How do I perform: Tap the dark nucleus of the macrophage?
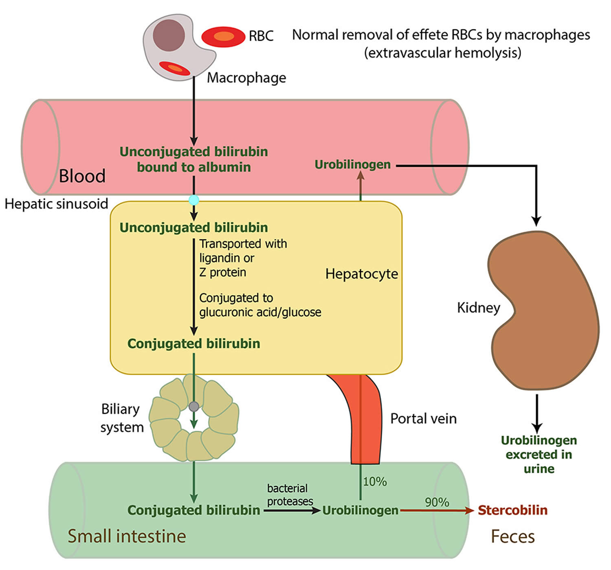169,35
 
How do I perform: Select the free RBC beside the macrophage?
223,37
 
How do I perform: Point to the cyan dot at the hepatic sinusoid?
194,200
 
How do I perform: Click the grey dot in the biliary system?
194,406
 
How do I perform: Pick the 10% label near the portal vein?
375,482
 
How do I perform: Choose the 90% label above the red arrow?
437,502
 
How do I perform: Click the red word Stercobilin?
512,510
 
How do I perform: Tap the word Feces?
512,536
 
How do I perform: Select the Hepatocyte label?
361,274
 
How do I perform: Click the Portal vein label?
423,419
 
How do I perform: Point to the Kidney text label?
478,307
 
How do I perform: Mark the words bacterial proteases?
290,495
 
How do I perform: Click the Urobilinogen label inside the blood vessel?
352,165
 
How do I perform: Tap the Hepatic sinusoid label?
56,203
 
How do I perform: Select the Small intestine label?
127,536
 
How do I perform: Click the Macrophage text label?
246,77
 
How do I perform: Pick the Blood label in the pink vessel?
82,176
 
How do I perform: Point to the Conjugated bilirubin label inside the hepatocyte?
193,344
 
